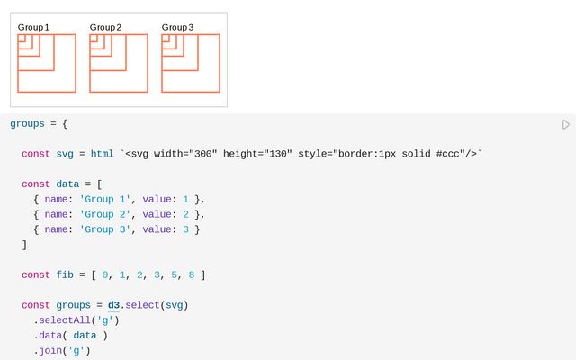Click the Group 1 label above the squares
[x=33, y=28]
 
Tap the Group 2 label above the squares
[x=105, y=28]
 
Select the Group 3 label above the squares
[x=177, y=28]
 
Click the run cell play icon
[x=566, y=124]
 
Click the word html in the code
[x=102, y=154]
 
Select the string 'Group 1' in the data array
[x=105, y=200]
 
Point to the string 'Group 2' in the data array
[x=105, y=214]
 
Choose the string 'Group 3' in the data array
[x=105, y=229]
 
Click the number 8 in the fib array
[x=192, y=274]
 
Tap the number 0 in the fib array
[x=105, y=274]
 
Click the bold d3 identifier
[x=113, y=305]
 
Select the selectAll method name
[x=65, y=320]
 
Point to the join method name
[x=50, y=350]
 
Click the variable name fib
[x=65, y=274]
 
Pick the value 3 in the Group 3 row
[x=186, y=229]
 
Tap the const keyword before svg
[x=36, y=154]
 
